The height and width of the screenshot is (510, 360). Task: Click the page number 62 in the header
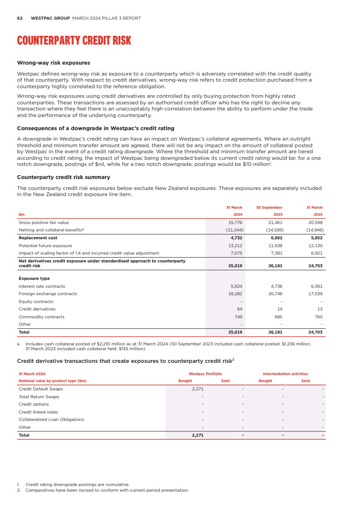pyautogui.click(x=20, y=18)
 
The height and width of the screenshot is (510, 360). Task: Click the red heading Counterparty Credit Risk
pyautogui.click(x=74, y=41)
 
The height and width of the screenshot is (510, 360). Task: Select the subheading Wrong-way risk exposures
pyautogui.click(x=53, y=63)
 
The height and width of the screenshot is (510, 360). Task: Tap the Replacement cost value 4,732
pyautogui.click(x=236, y=238)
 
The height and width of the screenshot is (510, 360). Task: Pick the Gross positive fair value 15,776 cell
pyautogui.click(x=236, y=223)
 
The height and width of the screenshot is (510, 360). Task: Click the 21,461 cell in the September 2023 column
pyautogui.click(x=274, y=223)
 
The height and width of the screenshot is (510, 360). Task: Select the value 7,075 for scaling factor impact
pyautogui.click(x=236, y=253)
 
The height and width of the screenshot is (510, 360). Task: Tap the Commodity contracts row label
pyautogui.click(x=41, y=317)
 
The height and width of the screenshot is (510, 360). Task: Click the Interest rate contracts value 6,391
pyautogui.click(x=315, y=286)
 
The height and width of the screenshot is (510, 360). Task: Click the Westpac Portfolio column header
pyautogui.click(x=205, y=374)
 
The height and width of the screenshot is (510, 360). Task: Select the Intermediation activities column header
pyautogui.click(x=285, y=374)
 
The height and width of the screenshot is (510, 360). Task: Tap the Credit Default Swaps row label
pyautogui.click(x=41, y=389)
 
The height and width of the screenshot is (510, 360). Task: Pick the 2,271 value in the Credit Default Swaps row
pyautogui.click(x=198, y=389)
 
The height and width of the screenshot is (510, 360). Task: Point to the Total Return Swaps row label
pyautogui.click(x=39, y=397)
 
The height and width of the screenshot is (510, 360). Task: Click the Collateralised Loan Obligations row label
pyautogui.click(x=51, y=420)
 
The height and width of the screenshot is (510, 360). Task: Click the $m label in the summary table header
pyautogui.click(x=21, y=215)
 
